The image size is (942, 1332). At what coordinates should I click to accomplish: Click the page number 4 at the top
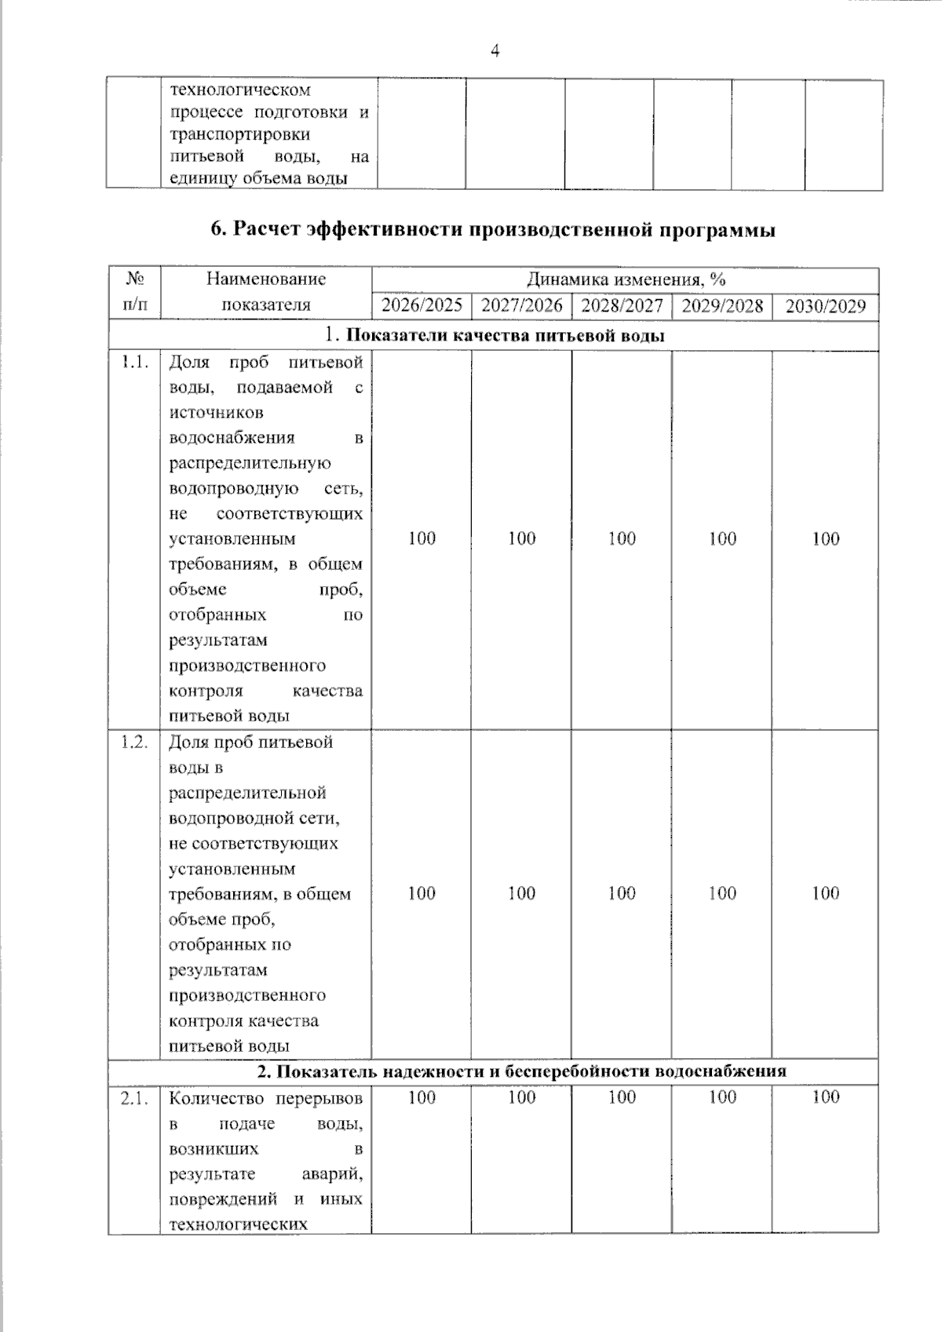(495, 52)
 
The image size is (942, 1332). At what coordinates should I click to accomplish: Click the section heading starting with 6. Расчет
(493, 230)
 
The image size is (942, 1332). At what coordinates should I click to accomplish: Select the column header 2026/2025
(422, 305)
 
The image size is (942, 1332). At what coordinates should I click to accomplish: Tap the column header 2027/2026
(521, 305)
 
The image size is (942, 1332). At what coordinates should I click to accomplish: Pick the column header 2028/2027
(622, 305)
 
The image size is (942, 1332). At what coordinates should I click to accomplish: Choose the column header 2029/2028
(722, 305)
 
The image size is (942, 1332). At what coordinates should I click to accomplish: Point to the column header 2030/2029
(825, 306)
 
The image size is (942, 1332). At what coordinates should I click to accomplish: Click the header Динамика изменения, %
(625, 279)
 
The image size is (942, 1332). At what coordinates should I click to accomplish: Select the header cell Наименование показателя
(266, 292)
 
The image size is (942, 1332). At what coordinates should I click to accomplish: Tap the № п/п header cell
(135, 292)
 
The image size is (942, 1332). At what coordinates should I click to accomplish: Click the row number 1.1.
(134, 363)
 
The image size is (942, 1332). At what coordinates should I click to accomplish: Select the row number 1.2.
(134, 743)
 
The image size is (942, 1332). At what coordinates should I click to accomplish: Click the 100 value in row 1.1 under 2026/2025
(422, 538)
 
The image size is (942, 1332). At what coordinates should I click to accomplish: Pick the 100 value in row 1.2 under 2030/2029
(825, 893)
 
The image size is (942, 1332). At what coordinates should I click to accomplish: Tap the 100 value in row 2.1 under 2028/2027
(622, 1097)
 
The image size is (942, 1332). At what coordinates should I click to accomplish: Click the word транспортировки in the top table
(239, 134)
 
